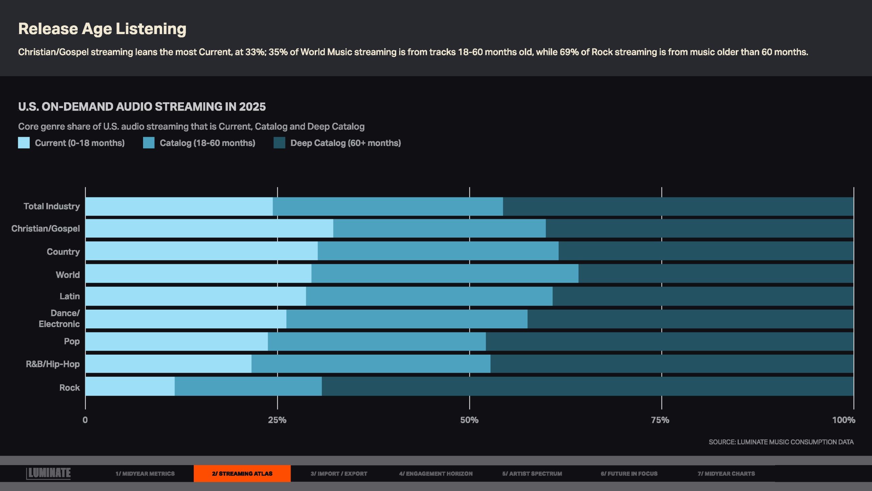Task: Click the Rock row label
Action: tap(69, 387)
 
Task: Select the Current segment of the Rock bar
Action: tap(130, 386)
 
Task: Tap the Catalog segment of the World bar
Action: tap(445, 273)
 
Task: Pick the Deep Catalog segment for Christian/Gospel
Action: tap(699, 228)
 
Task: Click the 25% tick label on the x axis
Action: tap(277, 420)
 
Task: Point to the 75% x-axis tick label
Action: tap(660, 420)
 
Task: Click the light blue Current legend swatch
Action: tap(24, 143)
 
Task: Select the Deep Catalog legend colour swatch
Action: tap(279, 143)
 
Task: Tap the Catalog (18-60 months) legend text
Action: tap(207, 143)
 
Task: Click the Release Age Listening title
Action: tap(102, 29)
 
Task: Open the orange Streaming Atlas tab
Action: tap(242, 474)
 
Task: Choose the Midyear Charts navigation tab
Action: tap(726, 474)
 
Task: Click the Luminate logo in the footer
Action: tap(49, 473)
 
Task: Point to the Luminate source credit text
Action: tap(781, 442)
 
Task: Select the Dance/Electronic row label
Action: tap(59, 318)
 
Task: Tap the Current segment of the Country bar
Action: tap(201, 251)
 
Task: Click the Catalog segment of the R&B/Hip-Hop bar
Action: tap(371, 364)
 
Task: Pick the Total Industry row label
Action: tap(52, 206)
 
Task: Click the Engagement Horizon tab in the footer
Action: tap(436, 474)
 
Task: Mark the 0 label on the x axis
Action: tap(85, 420)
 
